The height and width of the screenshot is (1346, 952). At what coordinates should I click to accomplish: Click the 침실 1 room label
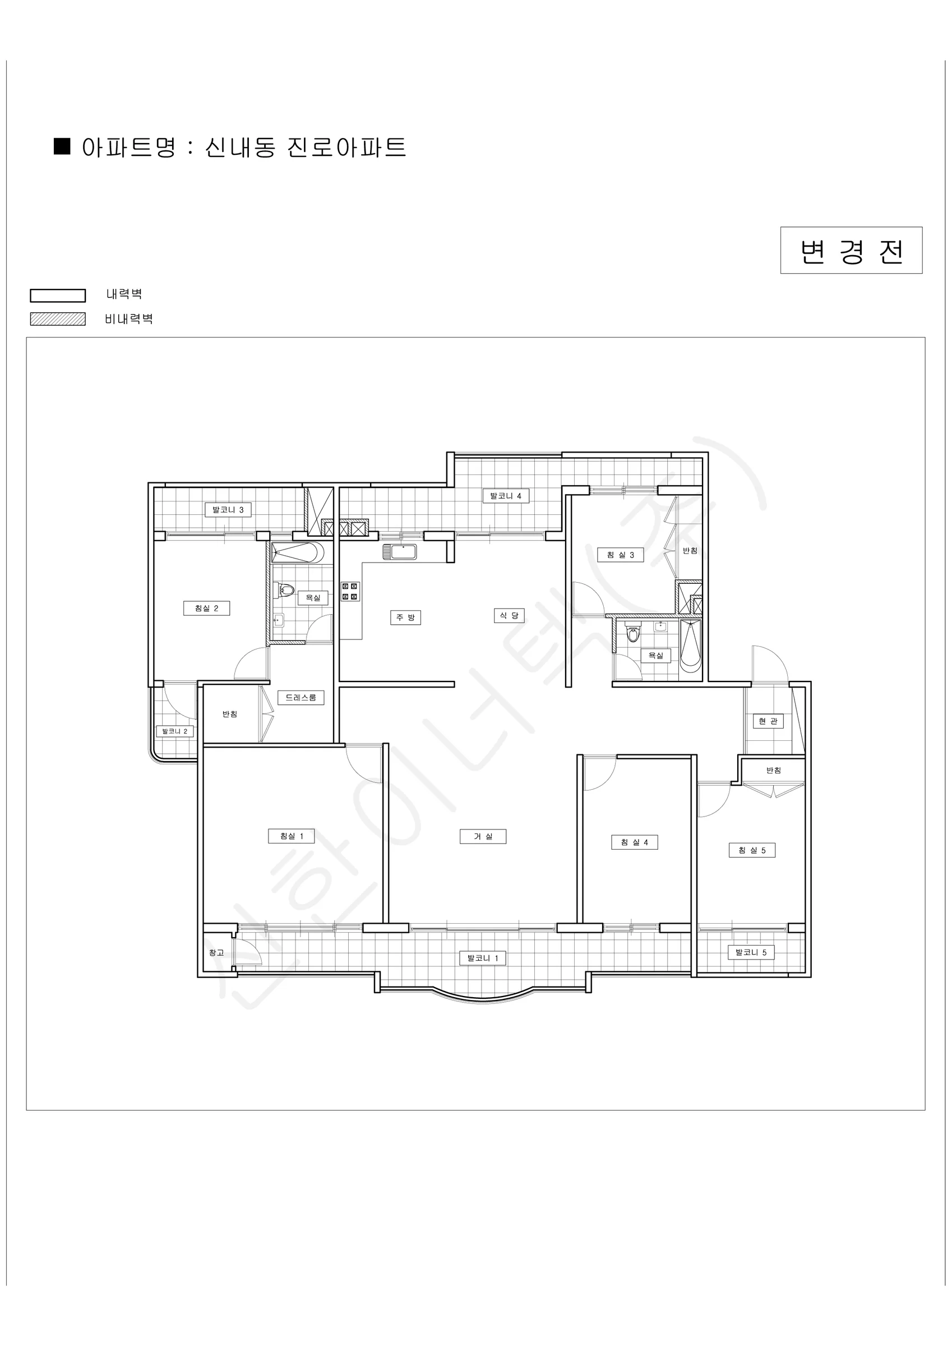click(292, 836)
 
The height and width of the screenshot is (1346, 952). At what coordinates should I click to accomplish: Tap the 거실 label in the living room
click(483, 836)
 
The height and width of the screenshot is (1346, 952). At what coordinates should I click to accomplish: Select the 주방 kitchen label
click(406, 617)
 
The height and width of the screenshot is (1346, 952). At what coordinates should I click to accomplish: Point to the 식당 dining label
click(509, 616)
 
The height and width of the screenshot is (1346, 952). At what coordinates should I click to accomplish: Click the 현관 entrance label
click(768, 721)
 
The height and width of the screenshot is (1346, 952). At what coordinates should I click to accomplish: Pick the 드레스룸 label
click(301, 697)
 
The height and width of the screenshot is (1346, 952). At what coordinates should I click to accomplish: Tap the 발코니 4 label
click(506, 495)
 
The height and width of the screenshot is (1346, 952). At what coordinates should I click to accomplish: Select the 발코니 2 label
click(175, 731)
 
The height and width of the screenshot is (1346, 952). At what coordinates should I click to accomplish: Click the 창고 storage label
click(216, 953)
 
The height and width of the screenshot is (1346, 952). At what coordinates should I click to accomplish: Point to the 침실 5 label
click(752, 850)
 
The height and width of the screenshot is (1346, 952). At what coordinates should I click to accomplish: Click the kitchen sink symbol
click(400, 552)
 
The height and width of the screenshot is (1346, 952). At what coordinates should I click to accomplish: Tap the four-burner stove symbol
click(350, 591)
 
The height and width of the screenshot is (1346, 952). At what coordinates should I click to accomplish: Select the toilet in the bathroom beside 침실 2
click(283, 589)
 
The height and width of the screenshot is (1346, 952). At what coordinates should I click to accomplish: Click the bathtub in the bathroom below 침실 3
click(691, 648)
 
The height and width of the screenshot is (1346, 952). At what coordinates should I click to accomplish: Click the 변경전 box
click(851, 250)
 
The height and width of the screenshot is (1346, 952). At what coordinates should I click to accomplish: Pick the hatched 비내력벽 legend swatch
click(57, 319)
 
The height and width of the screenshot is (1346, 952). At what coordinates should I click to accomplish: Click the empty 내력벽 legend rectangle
click(57, 295)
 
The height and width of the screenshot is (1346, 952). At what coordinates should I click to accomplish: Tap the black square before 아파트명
click(62, 146)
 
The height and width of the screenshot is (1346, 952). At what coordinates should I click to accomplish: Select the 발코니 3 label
click(228, 509)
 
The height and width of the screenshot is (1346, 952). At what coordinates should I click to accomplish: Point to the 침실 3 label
click(620, 555)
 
